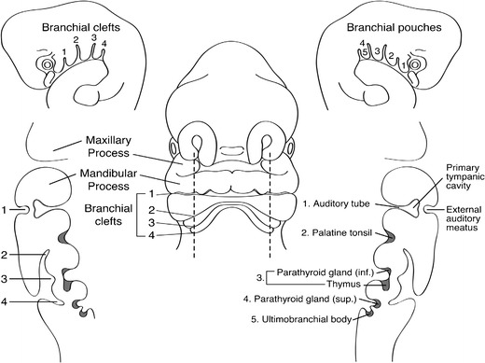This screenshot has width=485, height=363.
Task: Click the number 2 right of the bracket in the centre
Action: point(150,211)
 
